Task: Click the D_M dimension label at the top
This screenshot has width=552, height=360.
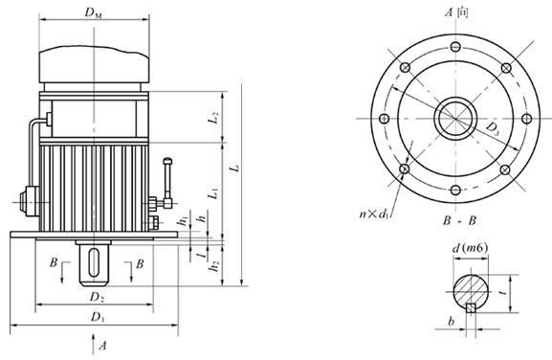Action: click(94, 12)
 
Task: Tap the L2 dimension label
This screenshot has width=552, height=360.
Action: click(213, 118)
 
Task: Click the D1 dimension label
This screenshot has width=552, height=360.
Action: click(98, 317)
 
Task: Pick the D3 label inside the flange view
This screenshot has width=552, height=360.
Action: click(493, 129)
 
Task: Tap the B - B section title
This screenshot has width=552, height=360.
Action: click(459, 221)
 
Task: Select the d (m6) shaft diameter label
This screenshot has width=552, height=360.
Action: click(470, 248)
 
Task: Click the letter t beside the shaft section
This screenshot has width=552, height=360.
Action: click(504, 292)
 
